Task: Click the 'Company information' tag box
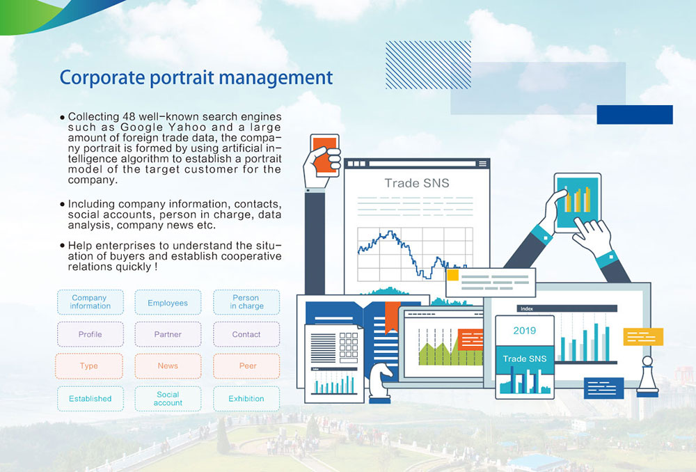coord(90,302)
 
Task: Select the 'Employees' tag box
coord(168,302)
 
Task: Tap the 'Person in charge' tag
coord(246,302)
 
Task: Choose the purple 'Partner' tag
coord(168,334)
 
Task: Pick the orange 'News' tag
coord(168,366)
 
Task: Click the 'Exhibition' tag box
coord(246,398)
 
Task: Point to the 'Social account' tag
coord(168,398)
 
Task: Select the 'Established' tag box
coord(90,398)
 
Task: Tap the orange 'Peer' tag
coord(246,366)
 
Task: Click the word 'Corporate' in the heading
coord(102,78)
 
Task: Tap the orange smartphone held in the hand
coord(325,155)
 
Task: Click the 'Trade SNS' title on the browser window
coord(417,183)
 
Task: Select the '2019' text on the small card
coord(525,331)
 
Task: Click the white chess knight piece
coord(380,382)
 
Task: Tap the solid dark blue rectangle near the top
coord(635,115)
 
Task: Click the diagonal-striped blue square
coord(428,65)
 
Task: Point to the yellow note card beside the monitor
coord(643,336)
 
